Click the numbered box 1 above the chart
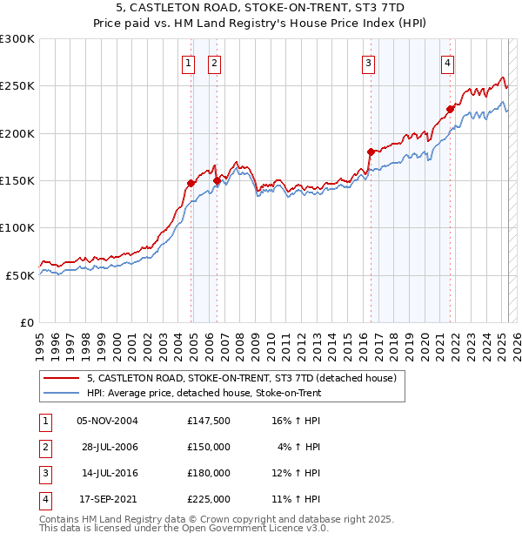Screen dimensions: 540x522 click(188, 63)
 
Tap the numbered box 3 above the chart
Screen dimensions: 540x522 click(369, 63)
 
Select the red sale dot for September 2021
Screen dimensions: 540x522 click(451, 109)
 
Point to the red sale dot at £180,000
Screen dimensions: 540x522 click(371, 152)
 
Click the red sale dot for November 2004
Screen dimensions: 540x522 click(191, 183)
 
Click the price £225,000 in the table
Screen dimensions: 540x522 click(209, 499)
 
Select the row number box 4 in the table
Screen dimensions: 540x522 click(43, 499)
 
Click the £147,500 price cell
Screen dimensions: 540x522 click(209, 421)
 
